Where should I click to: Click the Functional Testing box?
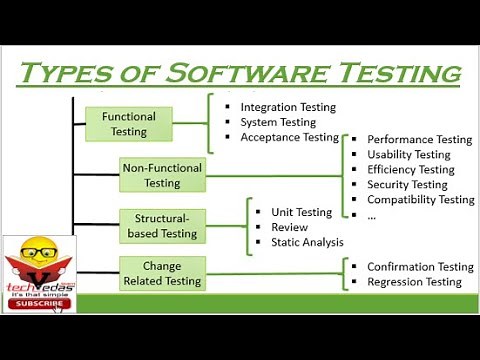coord(130,124)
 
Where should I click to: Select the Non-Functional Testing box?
coord(162,175)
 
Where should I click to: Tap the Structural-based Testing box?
coord(162,226)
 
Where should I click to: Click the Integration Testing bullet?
coord(288,107)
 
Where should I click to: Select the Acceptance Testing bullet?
coord(290,137)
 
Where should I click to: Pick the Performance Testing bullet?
coord(419,140)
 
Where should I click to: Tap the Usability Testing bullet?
coord(409,155)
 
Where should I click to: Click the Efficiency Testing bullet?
coord(410,170)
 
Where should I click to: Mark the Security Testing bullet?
coord(407,185)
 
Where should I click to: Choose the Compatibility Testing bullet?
coord(420,200)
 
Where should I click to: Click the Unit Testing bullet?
coord(301,212)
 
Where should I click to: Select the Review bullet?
coord(290,227)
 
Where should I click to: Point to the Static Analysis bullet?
coord(307,242)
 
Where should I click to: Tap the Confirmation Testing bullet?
coord(420,267)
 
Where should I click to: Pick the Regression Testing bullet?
coord(414,282)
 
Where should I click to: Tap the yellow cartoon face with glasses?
coord(38,255)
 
